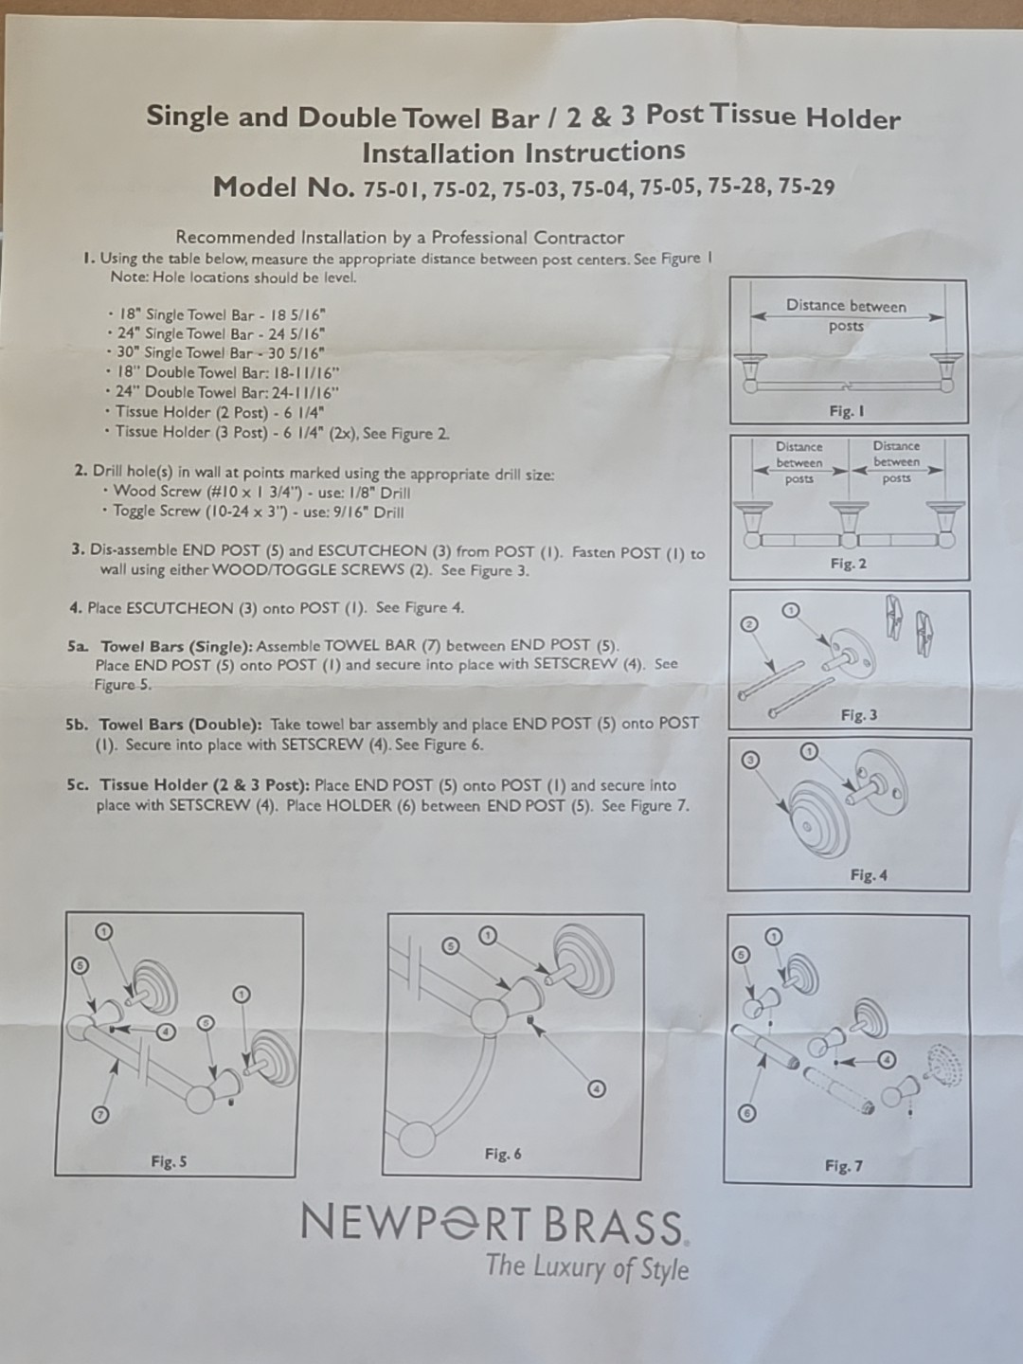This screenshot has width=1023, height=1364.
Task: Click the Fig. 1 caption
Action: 847,411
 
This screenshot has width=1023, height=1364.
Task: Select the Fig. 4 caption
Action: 869,875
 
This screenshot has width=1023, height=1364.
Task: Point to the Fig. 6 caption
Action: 503,1154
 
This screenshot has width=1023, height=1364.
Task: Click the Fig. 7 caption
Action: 843,1166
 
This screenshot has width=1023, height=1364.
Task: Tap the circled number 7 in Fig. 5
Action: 100,1115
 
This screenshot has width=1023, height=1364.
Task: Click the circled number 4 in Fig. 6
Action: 597,1088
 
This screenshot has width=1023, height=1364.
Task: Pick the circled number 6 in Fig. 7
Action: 746,1114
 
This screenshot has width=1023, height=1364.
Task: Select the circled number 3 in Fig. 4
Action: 750,760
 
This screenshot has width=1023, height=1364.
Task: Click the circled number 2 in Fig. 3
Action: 749,624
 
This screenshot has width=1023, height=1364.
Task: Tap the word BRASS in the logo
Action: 613,1225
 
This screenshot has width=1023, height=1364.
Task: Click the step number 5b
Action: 78,725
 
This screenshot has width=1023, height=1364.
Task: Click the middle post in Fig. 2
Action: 849,522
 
